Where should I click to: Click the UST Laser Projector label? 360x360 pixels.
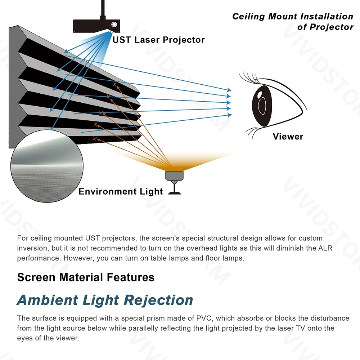158,40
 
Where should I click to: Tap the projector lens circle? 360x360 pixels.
114,25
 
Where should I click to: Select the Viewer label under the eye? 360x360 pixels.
288,137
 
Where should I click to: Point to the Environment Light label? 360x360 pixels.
121,191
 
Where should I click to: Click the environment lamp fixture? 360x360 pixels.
174,175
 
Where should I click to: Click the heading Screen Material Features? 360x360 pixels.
86,277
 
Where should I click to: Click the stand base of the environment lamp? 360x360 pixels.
174,193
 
